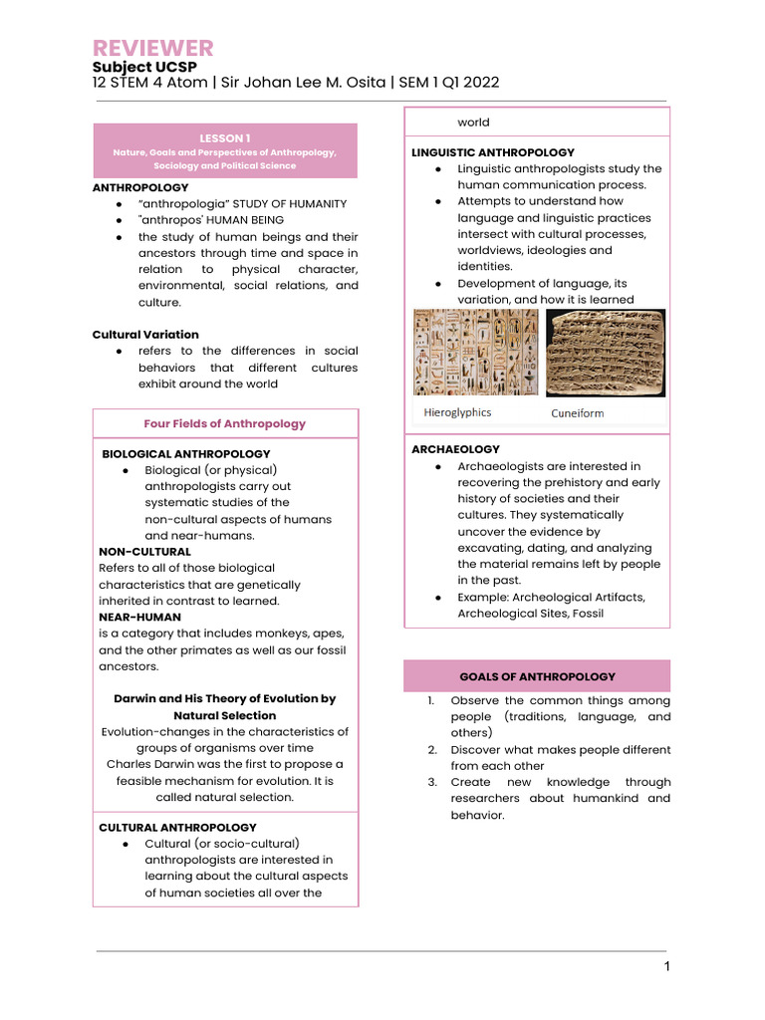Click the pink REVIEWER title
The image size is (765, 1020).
[x=152, y=48]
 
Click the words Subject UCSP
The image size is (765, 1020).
[x=144, y=67]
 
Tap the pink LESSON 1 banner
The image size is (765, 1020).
[x=224, y=150]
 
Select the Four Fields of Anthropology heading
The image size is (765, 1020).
[x=224, y=423]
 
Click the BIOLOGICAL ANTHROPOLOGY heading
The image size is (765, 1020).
[x=186, y=454]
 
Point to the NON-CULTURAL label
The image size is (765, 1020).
[x=144, y=552]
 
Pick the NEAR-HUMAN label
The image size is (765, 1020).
[x=139, y=617]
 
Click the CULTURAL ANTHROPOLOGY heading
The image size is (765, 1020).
[x=177, y=828]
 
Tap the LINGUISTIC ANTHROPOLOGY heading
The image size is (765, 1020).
[x=493, y=152]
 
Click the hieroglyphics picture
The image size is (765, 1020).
[x=475, y=352]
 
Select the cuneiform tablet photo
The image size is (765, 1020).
[x=606, y=352]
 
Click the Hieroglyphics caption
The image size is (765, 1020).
[x=457, y=412]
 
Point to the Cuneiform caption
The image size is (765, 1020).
[x=578, y=412]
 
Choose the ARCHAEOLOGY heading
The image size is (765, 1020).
[x=455, y=449]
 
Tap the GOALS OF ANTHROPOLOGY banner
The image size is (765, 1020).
[x=537, y=676]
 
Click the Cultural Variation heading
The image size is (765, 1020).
[x=145, y=335]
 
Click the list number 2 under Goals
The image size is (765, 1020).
[x=433, y=750]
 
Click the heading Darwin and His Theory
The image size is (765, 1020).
[x=224, y=699]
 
